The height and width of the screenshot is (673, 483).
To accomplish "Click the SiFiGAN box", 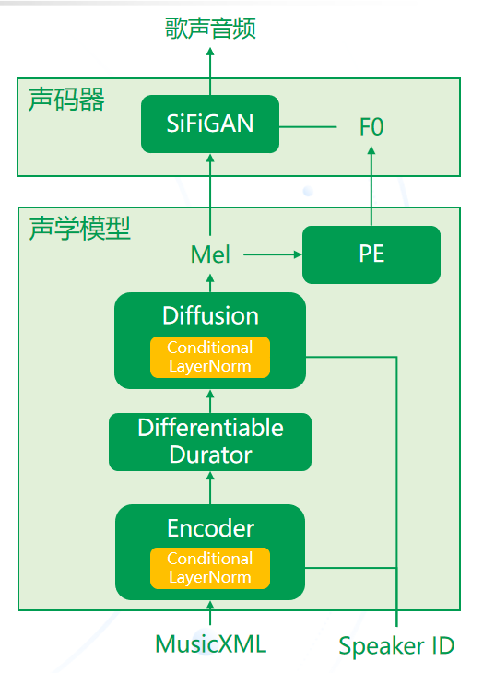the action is point(210,124).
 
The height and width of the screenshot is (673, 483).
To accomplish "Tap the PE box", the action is point(371,254).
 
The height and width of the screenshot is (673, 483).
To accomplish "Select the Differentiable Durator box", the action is point(210,442).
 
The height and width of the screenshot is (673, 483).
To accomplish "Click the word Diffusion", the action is point(210,315).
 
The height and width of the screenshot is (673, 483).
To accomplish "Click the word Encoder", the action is point(210,528).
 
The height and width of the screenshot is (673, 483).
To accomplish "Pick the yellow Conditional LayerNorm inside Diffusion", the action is point(210,357).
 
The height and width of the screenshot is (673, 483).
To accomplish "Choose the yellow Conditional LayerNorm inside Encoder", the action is point(210,568).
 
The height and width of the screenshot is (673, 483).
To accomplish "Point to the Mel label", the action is point(210,254).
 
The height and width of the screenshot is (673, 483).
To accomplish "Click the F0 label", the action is point(371,126).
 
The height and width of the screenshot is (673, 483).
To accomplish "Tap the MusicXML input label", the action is point(210,643).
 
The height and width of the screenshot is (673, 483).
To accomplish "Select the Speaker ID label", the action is point(396,646).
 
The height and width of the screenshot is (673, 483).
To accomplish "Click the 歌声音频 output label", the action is point(210,29).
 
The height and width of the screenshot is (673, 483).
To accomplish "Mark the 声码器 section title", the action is point(66,100).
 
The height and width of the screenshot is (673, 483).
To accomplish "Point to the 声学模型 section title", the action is point(80,229).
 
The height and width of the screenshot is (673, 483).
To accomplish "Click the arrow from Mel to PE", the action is point(273,254).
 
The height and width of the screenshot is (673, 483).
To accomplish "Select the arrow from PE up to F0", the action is point(371,186).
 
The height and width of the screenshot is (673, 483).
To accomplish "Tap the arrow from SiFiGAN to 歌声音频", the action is point(210,71).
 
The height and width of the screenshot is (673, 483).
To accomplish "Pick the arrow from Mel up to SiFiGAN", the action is point(210,195).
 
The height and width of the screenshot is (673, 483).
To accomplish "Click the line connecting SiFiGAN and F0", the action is point(308,127).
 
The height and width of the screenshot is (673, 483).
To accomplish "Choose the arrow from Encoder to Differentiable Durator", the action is point(210,488).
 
